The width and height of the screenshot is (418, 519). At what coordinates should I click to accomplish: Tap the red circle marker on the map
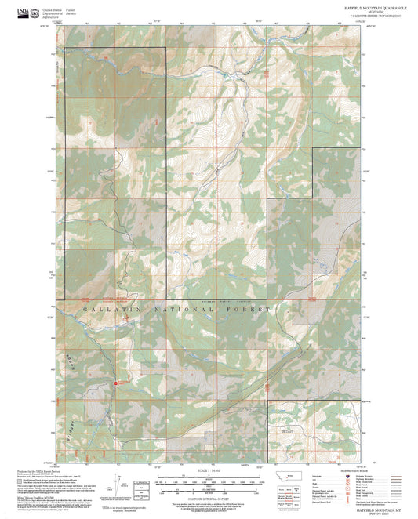[118, 383]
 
